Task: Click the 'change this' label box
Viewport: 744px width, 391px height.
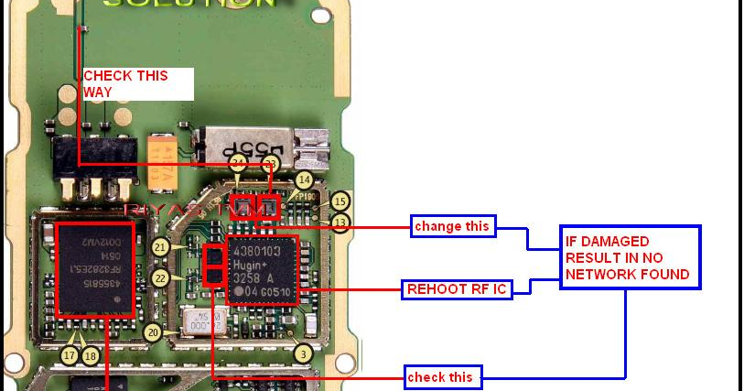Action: point(452,226)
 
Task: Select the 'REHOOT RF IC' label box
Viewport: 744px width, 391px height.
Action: point(455,290)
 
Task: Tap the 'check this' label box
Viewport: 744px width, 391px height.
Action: point(442,375)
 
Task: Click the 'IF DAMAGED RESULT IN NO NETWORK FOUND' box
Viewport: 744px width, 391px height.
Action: point(630,257)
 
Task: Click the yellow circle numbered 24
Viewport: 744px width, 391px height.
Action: point(238,164)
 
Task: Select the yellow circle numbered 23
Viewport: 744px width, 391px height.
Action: point(270,164)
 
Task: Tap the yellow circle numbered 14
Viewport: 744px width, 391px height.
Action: point(304,181)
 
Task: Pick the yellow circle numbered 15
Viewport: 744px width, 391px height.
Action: point(340,201)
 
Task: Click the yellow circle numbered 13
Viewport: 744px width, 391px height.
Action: point(340,222)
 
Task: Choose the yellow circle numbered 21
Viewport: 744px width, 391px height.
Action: point(161,247)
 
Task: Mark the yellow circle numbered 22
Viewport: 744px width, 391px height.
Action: point(161,277)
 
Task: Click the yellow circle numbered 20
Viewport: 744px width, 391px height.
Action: point(154,333)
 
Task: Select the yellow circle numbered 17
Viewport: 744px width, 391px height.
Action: point(70,354)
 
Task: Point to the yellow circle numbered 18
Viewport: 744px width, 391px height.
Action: point(89,354)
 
